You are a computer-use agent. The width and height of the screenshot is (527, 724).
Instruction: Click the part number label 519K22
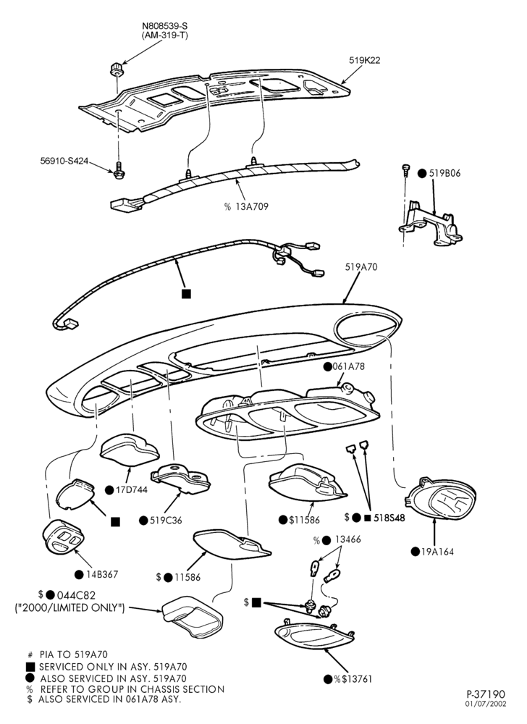pyautogui.click(x=364, y=60)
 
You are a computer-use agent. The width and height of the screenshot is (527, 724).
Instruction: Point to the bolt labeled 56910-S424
pyautogui.click(x=119, y=169)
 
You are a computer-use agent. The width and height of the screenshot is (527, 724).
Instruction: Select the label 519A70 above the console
pyautogui.click(x=361, y=267)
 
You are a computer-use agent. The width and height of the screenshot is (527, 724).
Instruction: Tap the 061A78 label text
pyautogui.click(x=348, y=366)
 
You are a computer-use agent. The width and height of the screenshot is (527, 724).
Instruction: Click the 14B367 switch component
pyautogui.click(x=63, y=537)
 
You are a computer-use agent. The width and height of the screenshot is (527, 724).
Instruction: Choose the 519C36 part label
pyautogui.click(x=166, y=521)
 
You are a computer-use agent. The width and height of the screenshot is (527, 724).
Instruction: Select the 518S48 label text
pyautogui.click(x=389, y=518)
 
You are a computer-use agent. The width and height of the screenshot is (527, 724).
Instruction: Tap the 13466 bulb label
pyautogui.click(x=348, y=539)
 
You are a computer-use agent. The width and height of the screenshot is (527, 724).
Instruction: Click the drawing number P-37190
pyautogui.click(x=486, y=694)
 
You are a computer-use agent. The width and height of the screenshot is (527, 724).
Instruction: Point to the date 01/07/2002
pyautogui.click(x=486, y=704)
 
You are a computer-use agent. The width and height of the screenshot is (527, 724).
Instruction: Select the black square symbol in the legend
pyautogui.click(x=30, y=667)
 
